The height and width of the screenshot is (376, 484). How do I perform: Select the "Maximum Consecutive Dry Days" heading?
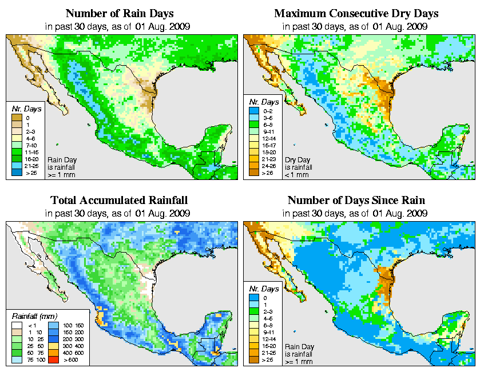(x=356, y=13)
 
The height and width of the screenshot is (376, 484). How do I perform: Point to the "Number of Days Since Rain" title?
(x=356, y=201)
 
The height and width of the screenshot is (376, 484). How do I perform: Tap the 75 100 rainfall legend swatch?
(x=17, y=361)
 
